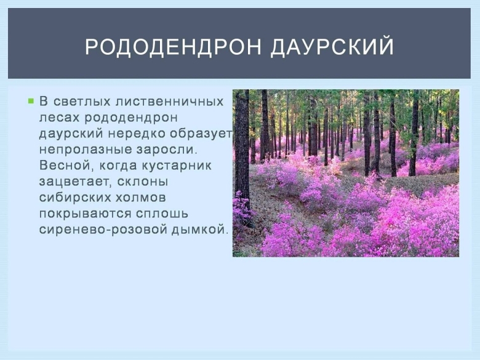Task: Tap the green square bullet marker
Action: click(x=30, y=100)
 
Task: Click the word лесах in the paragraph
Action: click(x=58, y=117)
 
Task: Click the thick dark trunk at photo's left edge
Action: click(x=241, y=148)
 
